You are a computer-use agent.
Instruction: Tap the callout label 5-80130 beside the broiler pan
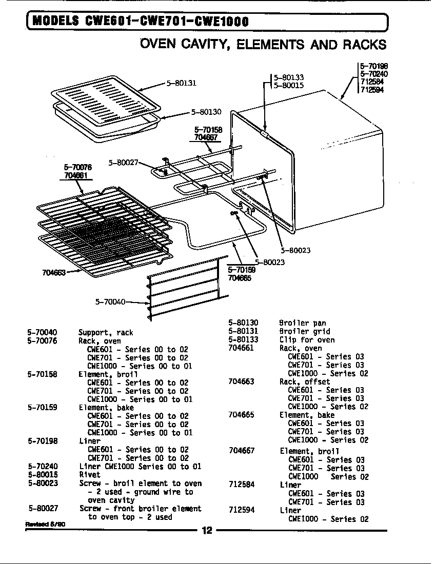(206, 111)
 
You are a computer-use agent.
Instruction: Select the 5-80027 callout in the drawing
(123, 163)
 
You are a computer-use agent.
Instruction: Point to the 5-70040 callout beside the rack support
(110, 301)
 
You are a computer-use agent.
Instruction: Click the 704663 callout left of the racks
(53, 272)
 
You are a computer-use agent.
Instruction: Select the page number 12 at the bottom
(207, 531)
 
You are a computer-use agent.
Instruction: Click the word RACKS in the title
(365, 45)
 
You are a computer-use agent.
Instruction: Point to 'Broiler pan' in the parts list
(302, 323)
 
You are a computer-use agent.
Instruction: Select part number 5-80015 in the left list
(43, 475)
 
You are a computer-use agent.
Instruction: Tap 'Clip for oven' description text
(307, 339)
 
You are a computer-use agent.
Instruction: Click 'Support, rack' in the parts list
(105, 332)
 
